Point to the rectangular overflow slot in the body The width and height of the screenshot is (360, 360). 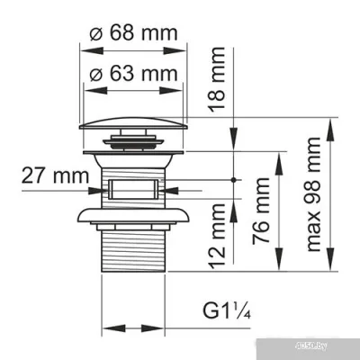pyautogui.click(x=137, y=190)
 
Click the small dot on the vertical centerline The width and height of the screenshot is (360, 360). pyautogui.click(x=235, y=180)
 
